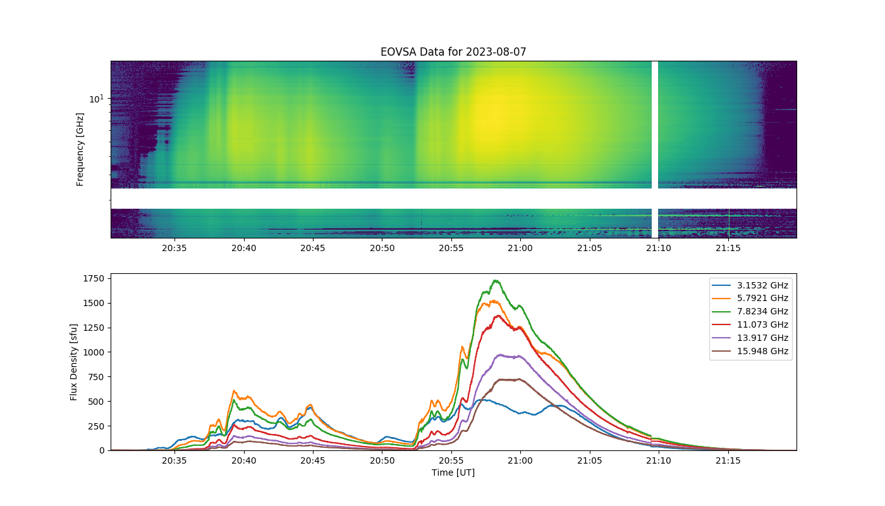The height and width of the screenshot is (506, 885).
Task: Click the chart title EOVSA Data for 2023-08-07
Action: (453, 52)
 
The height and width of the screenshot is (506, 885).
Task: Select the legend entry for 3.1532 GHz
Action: (750, 285)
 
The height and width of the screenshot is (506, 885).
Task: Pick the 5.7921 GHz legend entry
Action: (750, 298)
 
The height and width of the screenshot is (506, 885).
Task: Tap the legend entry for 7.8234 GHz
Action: (750, 311)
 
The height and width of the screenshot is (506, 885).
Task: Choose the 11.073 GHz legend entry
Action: (750, 324)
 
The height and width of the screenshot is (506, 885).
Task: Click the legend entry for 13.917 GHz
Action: (750, 338)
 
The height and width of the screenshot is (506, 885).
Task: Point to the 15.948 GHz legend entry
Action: (750, 351)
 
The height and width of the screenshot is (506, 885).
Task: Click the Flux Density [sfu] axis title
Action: (73, 362)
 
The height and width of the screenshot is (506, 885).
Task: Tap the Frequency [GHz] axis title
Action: (80, 149)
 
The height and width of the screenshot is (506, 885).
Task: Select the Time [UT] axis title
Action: (453, 473)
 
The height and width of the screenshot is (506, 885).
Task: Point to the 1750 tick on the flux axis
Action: (94, 279)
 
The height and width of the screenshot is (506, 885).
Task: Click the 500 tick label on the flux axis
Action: (96, 402)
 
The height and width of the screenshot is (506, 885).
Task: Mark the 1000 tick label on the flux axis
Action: (94, 352)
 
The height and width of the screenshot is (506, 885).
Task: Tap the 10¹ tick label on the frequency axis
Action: (96, 99)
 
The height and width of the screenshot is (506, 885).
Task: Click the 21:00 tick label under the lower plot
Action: (520, 460)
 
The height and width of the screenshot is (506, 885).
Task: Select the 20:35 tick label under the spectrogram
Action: (174, 248)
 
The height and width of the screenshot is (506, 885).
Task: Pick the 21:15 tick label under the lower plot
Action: (728, 460)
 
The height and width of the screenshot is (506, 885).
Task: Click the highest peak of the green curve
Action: (496, 281)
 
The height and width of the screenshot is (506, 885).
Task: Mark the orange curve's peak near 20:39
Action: (235, 391)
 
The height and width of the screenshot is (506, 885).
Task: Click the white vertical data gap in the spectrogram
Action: (655, 149)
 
